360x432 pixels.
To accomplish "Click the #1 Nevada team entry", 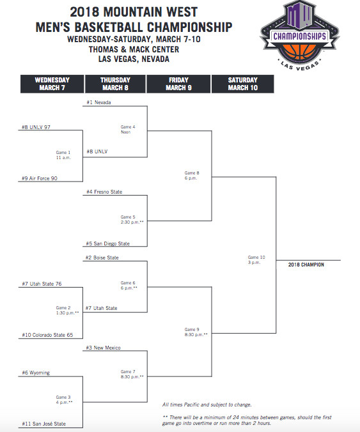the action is click(98, 102).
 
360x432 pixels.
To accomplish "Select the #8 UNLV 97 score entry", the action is click(36, 127).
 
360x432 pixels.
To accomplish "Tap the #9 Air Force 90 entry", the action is click(40, 178).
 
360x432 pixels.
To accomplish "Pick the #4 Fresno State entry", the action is click(104, 192).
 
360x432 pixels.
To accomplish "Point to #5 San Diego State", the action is click(108, 243).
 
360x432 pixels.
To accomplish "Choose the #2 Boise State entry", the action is click(102, 258).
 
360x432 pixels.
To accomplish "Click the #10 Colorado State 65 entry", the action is click(47, 335).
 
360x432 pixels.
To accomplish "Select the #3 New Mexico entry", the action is click(104, 348).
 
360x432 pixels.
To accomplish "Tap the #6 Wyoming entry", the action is click(36, 373).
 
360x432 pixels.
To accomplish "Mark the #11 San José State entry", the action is click(44, 424).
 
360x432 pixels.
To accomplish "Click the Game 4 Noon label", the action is click(128, 130).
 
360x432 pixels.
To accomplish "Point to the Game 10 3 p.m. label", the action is click(256, 260).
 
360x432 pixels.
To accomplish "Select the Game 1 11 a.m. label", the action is click(63, 155).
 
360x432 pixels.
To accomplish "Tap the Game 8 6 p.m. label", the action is click(192, 176).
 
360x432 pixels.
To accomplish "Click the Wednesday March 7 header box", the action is click(52, 84).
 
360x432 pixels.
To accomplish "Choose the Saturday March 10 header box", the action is click(242, 84).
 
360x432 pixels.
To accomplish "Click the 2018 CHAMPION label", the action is click(306, 265).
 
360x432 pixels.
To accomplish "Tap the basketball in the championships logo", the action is click(299, 50).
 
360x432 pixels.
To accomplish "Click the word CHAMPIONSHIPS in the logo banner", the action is click(300, 36).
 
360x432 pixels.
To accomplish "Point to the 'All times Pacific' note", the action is click(207, 405).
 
